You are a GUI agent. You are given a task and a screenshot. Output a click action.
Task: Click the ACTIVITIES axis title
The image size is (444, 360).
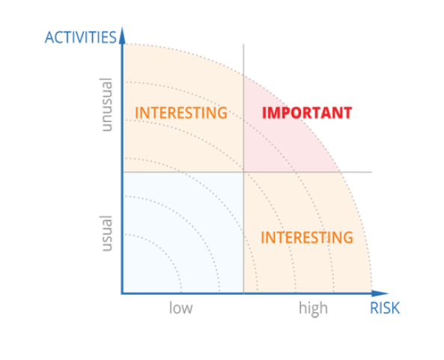81,37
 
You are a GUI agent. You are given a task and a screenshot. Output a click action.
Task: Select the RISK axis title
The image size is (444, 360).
385,308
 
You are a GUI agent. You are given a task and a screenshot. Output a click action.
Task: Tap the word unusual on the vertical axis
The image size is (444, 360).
106,105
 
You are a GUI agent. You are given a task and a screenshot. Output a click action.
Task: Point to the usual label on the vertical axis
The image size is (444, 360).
106,234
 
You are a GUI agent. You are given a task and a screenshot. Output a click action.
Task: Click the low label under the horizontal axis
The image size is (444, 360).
181,308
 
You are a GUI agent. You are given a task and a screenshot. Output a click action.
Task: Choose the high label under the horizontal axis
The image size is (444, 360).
314,308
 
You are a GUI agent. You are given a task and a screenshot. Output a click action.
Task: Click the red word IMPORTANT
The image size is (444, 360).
307,113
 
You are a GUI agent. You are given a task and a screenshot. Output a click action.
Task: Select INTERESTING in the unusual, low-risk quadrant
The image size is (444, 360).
181,113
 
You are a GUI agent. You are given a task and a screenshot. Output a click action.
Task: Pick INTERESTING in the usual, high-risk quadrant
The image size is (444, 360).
307,237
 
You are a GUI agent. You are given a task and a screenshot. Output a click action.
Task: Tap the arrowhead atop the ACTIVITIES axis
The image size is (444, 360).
122,35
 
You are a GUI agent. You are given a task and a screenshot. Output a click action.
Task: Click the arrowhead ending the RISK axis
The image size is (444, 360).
380,293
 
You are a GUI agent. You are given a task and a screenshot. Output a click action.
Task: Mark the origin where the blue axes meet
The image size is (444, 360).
122,293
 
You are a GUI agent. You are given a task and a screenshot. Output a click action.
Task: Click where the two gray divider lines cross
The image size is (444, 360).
243,172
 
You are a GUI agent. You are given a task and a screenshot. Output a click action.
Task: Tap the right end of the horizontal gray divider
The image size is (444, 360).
371,172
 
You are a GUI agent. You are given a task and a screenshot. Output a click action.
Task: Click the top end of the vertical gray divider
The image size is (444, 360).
243,44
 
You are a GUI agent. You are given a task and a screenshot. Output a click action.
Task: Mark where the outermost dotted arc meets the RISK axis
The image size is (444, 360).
372,293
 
